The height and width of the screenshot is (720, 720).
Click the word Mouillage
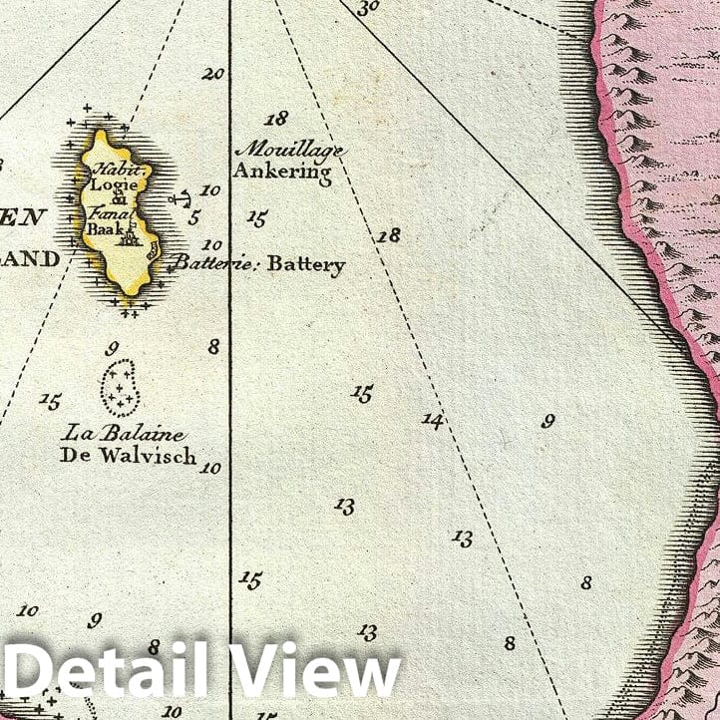(x=288, y=151)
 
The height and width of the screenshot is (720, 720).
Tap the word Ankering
(x=282, y=171)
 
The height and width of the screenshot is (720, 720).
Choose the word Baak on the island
(x=105, y=227)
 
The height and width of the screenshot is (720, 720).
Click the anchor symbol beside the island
(x=180, y=199)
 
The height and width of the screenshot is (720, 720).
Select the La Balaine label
(x=123, y=434)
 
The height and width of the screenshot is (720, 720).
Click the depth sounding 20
(x=213, y=73)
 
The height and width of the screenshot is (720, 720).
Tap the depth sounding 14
(x=431, y=420)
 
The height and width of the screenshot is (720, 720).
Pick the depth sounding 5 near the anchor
(x=194, y=216)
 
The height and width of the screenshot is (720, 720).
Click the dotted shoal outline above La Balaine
(x=121, y=387)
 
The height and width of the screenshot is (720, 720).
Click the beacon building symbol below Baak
(x=128, y=236)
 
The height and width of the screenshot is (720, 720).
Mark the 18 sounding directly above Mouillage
(x=276, y=119)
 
